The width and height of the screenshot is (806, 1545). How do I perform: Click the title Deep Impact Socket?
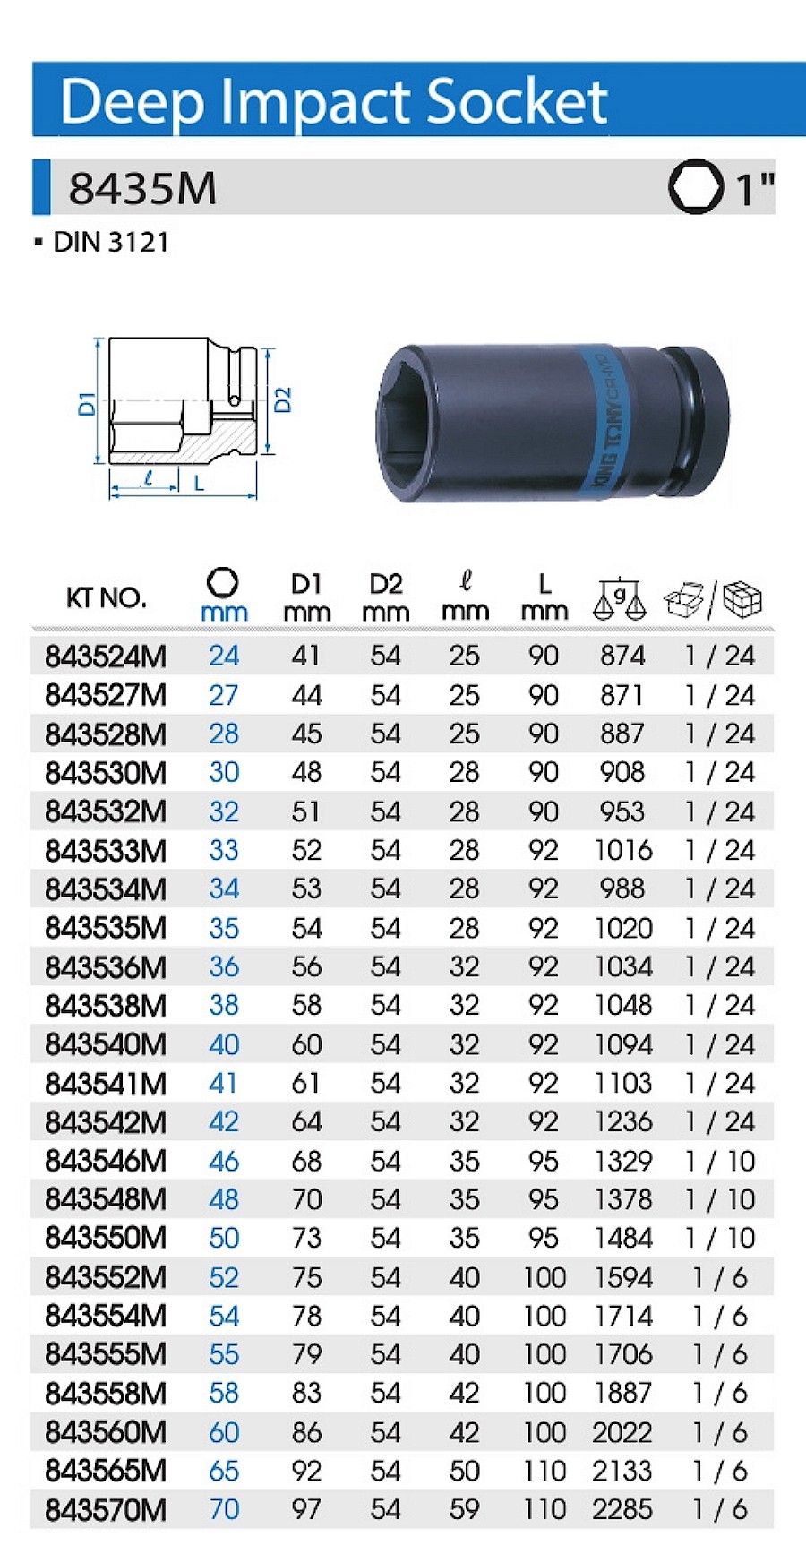pyautogui.click(x=334, y=101)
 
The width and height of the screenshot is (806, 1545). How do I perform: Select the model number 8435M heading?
pyautogui.click(x=142, y=188)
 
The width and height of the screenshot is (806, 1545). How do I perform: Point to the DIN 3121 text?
pyautogui.click(x=110, y=242)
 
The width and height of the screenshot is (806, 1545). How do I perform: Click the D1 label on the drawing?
pyautogui.click(x=87, y=403)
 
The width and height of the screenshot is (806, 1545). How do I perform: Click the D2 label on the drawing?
pyautogui.click(x=283, y=399)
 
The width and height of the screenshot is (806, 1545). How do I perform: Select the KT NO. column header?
pyautogui.click(x=106, y=597)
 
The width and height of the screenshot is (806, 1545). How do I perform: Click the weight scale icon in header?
pyautogui.click(x=620, y=599)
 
